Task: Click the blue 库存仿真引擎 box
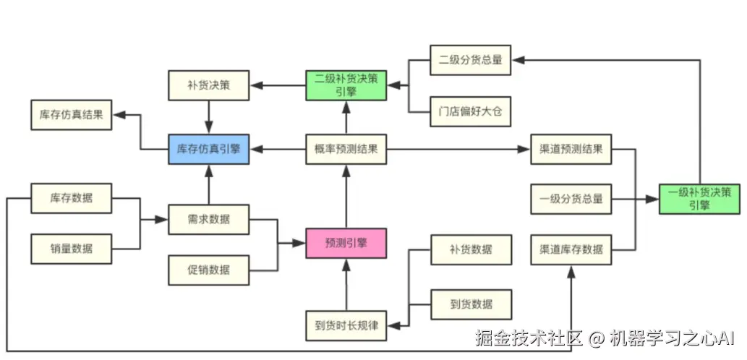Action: tap(208, 150)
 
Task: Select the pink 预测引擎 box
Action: tap(346, 243)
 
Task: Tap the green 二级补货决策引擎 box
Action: tap(346, 85)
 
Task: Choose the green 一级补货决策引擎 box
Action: tap(699, 198)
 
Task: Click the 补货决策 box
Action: tap(208, 85)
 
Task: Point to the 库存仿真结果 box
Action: tap(72, 115)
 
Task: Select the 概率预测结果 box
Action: tap(346, 150)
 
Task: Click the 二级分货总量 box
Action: tap(470, 60)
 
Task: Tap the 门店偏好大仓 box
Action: tap(470, 112)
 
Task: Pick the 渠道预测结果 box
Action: tap(571, 150)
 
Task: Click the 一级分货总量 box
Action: tap(571, 198)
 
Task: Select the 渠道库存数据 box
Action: tap(571, 249)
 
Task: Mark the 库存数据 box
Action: tap(72, 197)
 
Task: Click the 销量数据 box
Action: tap(72, 249)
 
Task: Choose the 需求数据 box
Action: tap(208, 219)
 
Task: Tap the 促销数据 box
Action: tap(208, 270)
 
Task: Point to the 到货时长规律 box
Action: tap(346, 324)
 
